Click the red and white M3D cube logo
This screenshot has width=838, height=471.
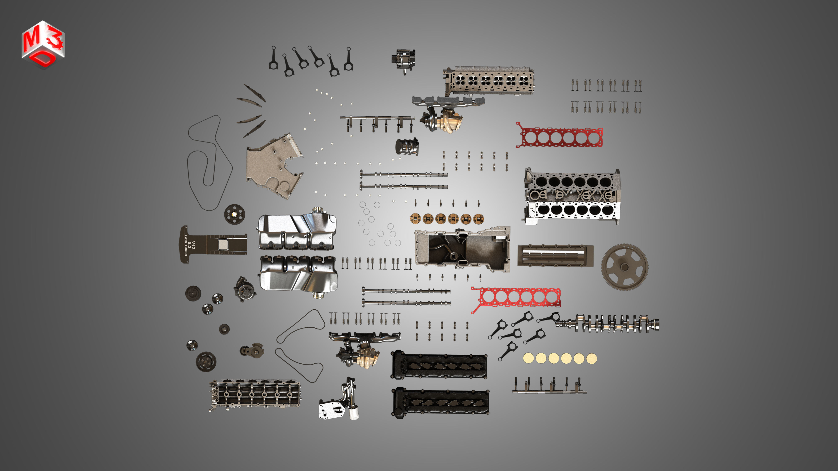click(43, 45)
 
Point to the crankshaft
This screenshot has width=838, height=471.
click(608, 323)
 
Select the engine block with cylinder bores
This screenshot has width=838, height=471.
click(573, 197)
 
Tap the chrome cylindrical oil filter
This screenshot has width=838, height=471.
click(406, 147)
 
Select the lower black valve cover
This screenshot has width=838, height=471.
click(441, 402)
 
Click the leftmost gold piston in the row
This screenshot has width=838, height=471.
click(415, 219)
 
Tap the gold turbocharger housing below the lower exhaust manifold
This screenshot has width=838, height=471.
click(369, 358)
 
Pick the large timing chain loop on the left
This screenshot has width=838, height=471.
click(208, 162)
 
